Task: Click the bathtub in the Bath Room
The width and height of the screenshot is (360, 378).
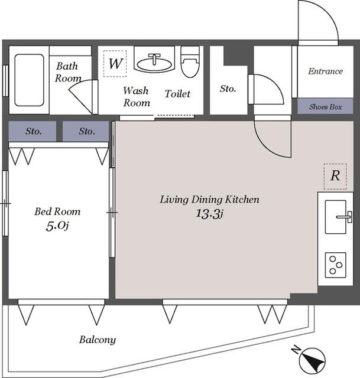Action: click(x=29, y=80)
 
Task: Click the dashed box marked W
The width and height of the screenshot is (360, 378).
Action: click(x=115, y=64)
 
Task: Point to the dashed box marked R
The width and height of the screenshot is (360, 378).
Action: click(x=335, y=176)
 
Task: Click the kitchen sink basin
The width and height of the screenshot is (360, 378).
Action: click(x=336, y=217)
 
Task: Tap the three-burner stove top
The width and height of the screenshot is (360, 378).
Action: click(x=336, y=265)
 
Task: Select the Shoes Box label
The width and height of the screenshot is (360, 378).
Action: click(x=326, y=106)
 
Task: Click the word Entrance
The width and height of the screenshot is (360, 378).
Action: click(x=326, y=71)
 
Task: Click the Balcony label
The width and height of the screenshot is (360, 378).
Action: click(x=98, y=340)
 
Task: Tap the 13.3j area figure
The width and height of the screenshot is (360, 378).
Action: click(x=209, y=214)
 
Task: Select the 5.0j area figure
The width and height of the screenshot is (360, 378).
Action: click(x=57, y=226)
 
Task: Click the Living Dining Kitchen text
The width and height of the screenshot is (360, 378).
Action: click(x=210, y=200)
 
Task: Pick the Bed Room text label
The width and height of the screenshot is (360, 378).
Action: click(x=57, y=211)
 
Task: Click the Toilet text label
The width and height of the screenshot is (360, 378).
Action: click(x=177, y=94)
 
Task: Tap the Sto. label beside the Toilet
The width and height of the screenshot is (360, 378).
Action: click(x=228, y=89)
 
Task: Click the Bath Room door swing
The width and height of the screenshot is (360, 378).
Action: click(x=81, y=96)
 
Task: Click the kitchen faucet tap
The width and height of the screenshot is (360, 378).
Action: click(x=345, y=217)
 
